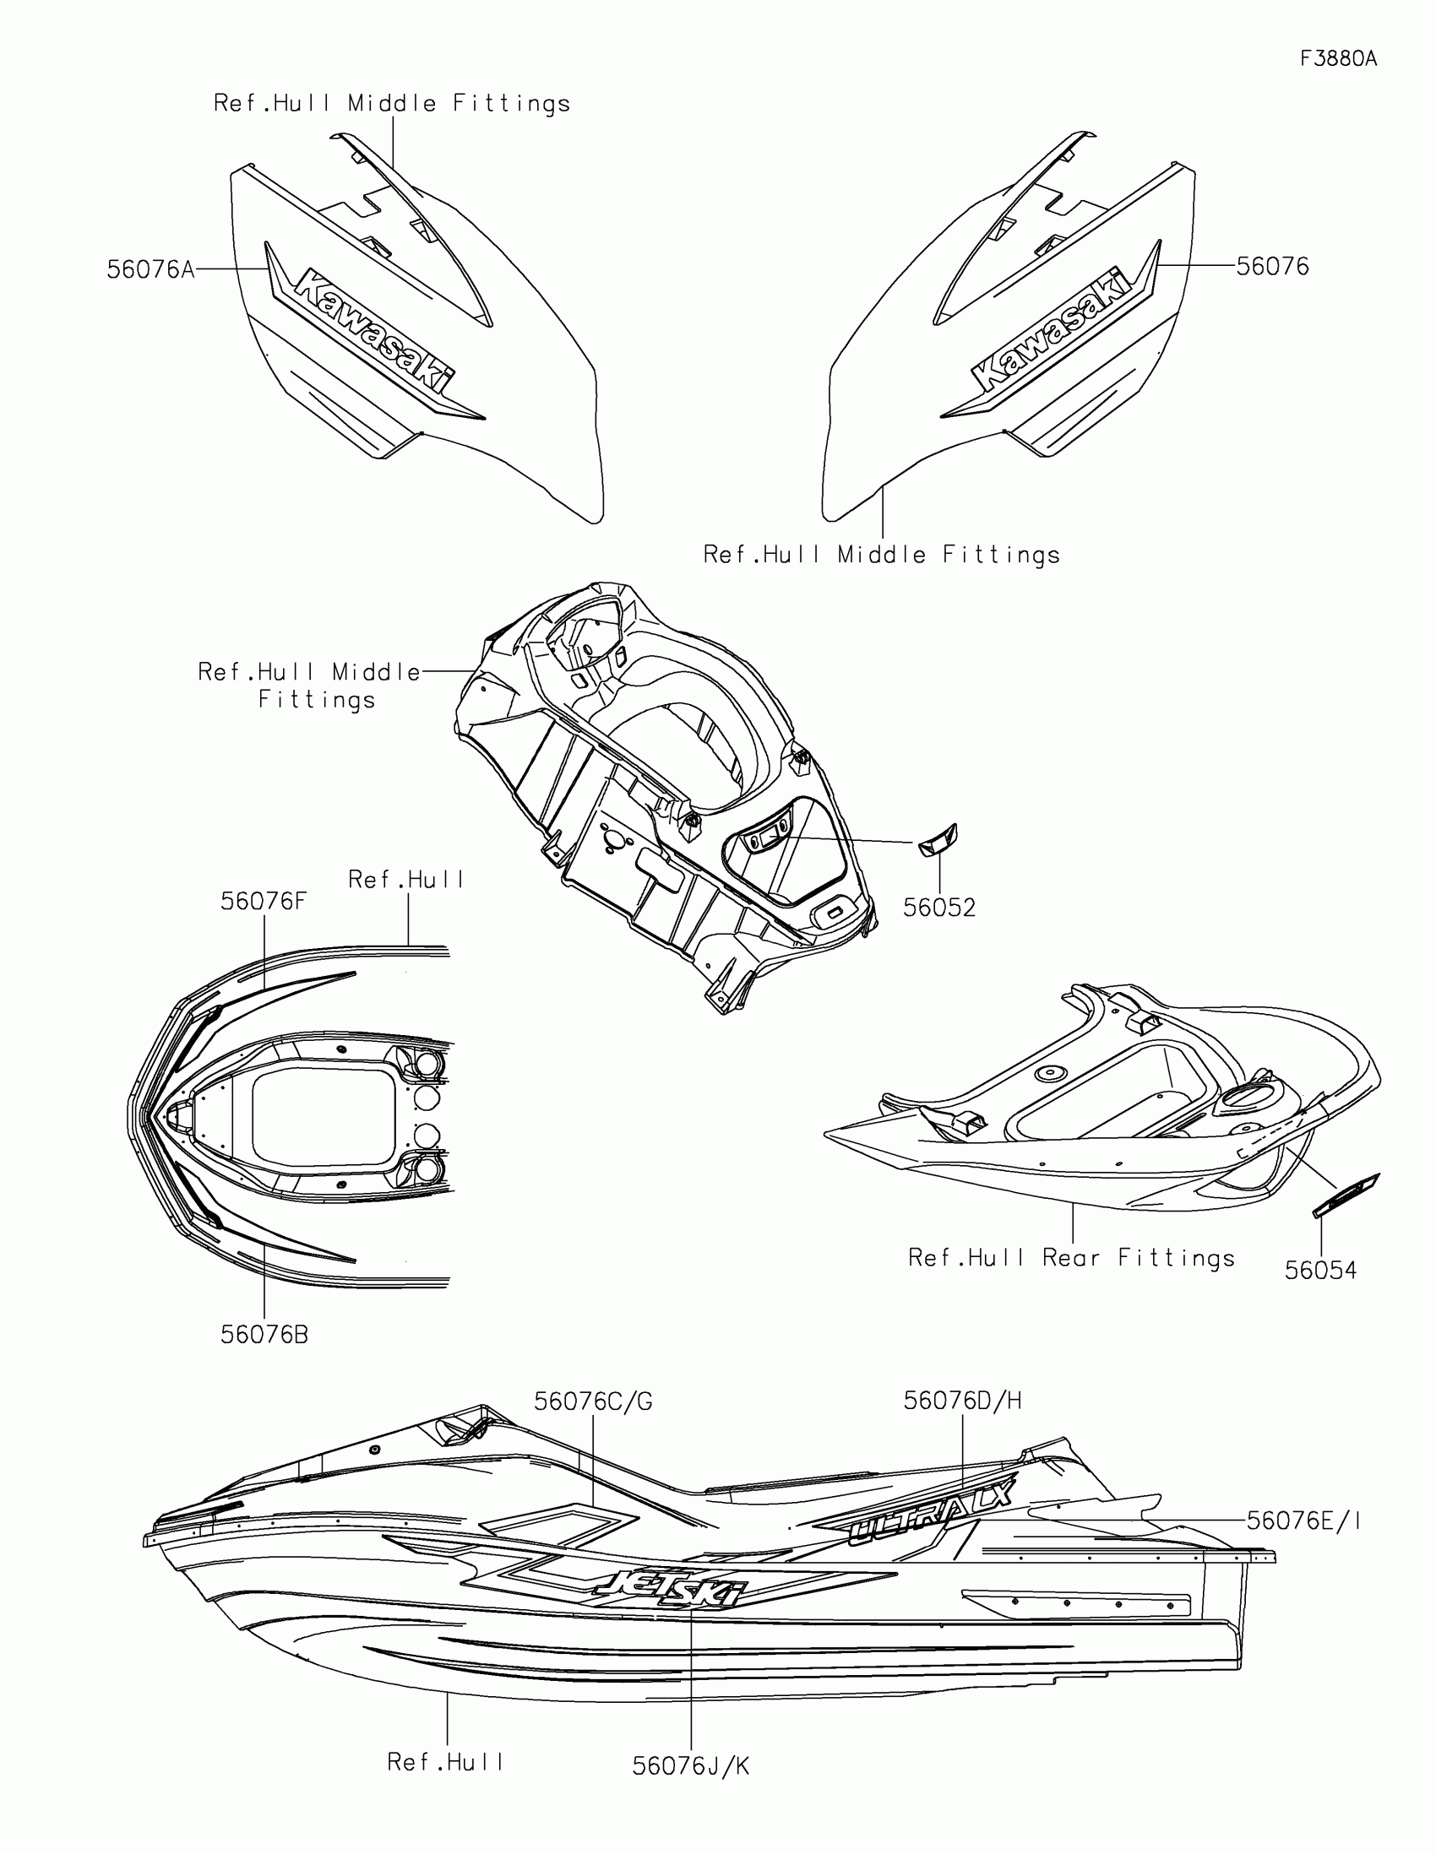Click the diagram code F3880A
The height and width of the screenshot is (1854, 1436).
click(x=1338, y=58)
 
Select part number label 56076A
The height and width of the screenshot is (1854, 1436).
click(x=150, y=270)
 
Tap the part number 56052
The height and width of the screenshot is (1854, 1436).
click(x=938, y=908)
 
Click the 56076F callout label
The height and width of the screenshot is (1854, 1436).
click(x=264, y=902)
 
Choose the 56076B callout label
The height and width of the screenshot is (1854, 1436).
click(x=264, y=1336)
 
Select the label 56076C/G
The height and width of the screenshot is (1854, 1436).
click(x=593, y=1401)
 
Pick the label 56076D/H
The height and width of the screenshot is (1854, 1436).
click(x=962, y=1401)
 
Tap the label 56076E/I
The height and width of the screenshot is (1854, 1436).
click(x=1303, y=1521)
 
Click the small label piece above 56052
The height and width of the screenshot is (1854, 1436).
click(x=937, y=840)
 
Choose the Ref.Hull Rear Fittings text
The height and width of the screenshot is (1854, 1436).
click(x=1071, y=1258)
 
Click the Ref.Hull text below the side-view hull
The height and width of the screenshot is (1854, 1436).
click(x=446, y=1762)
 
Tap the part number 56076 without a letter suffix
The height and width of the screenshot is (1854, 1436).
click(x=1272, y=267)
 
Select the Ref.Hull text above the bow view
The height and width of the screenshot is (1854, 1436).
click(x=407, y=880)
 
